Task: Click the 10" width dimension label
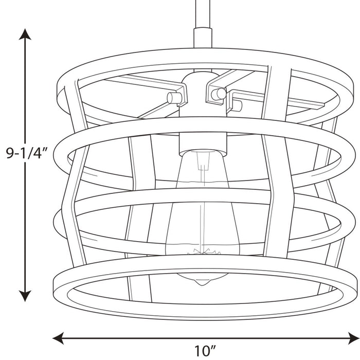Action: pyautogui.click(x=205, y=351)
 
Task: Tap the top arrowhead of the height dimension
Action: pyautogui.click(x=25, y=34)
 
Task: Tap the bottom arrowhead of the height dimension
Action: pyautogui.click(x=25, y=296)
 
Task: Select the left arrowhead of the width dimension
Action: pyautogui.click(x=58, y=338)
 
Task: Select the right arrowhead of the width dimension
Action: pyautogui.click(x=354, y=338)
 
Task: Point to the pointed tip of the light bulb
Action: pyautogui.click(x=202, y=284)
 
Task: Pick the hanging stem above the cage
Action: pyautogui.click(x=203, y=14)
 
